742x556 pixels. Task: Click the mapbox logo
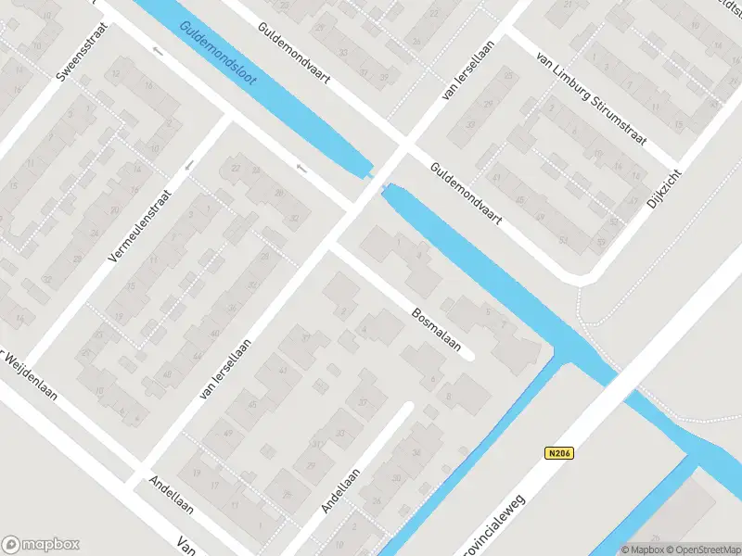41,545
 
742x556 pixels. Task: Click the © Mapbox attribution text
642,549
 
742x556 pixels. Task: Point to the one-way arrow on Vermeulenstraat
189,165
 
